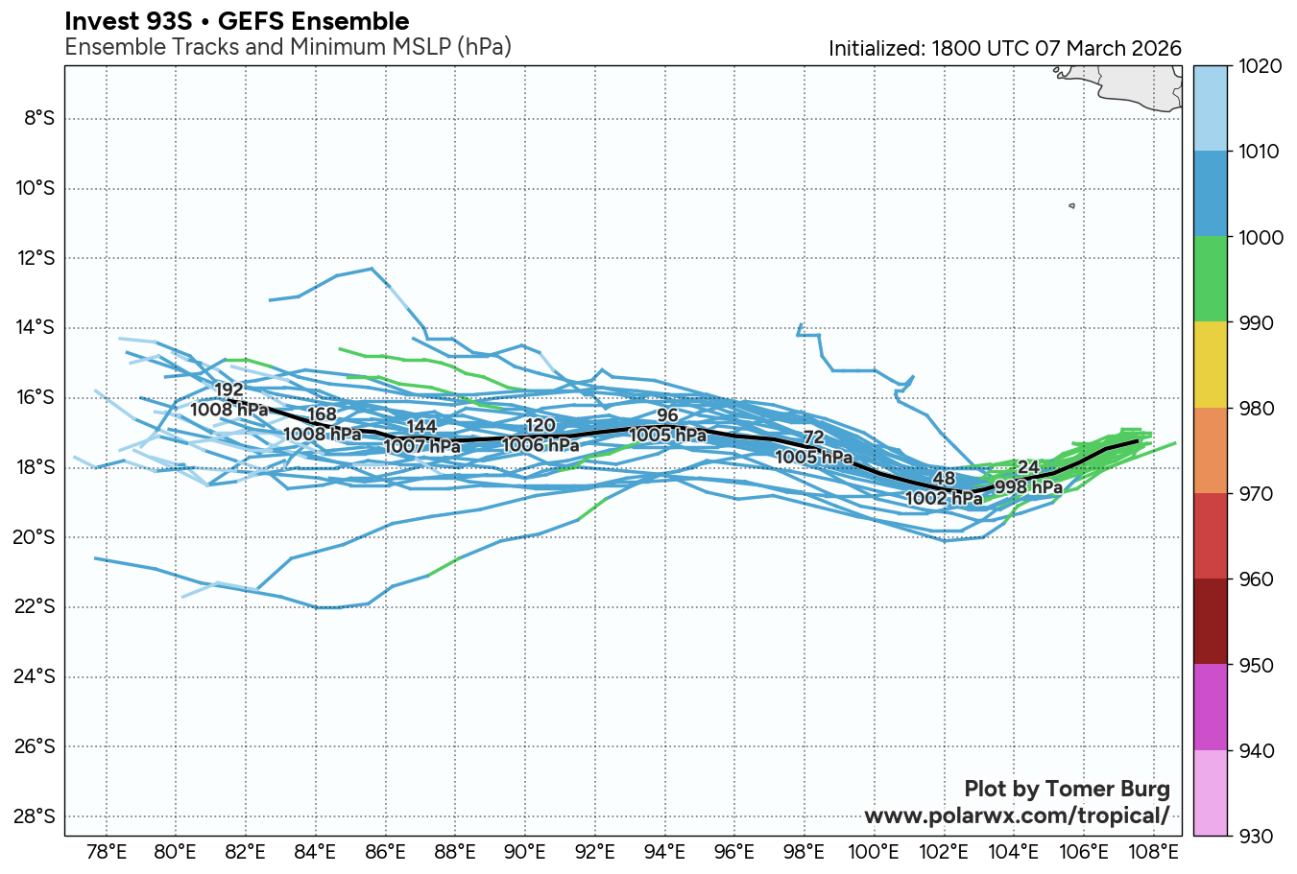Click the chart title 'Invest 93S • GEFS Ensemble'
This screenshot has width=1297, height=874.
point(236,21)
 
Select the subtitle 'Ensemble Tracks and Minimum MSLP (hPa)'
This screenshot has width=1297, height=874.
point(287,47)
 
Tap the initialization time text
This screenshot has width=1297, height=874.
point(1004,48)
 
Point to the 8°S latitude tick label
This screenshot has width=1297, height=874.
point(38,118)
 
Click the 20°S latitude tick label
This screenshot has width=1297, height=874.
point(35,537)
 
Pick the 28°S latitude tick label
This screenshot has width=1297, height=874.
point(35,816)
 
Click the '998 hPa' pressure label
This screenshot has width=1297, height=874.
point(1028,487)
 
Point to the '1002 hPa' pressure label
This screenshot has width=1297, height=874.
point(944,498)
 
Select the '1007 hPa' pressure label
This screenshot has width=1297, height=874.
point(421,446)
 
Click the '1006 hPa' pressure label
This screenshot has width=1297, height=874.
point(540,445)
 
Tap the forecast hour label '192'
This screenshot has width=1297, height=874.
point(228,390)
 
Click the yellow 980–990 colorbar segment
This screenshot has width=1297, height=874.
point(1210,365)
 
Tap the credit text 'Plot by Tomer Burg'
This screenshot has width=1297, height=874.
point(1067,789)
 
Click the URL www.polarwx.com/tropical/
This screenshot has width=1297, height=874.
point(1017,815)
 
